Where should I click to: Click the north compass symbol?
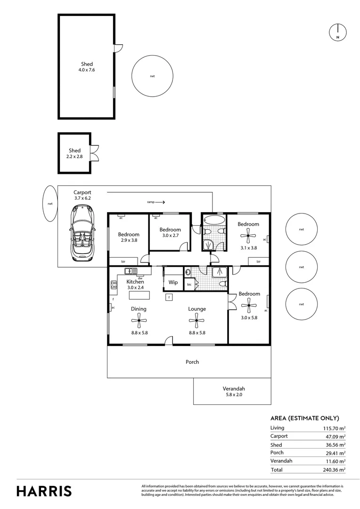(x=337, y=32)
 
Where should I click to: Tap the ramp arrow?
(x=159, y=202)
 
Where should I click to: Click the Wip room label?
(x=173, y=283)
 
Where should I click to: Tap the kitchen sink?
(x=131, y=271)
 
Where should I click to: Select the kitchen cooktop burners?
(x=114, y=285)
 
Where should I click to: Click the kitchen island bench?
(x=140, y=295)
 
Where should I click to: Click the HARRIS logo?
(x=44, y=491)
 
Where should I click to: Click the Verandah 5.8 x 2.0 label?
(x=234, y=392)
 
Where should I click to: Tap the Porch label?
(x=192, y=362)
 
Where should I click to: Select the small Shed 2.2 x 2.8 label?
(x=74, y=154)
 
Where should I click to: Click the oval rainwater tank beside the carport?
(x=49, y=203)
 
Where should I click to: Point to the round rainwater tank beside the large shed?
(x=152, y=76)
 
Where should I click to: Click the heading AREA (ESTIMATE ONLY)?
(x=304, y=418)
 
